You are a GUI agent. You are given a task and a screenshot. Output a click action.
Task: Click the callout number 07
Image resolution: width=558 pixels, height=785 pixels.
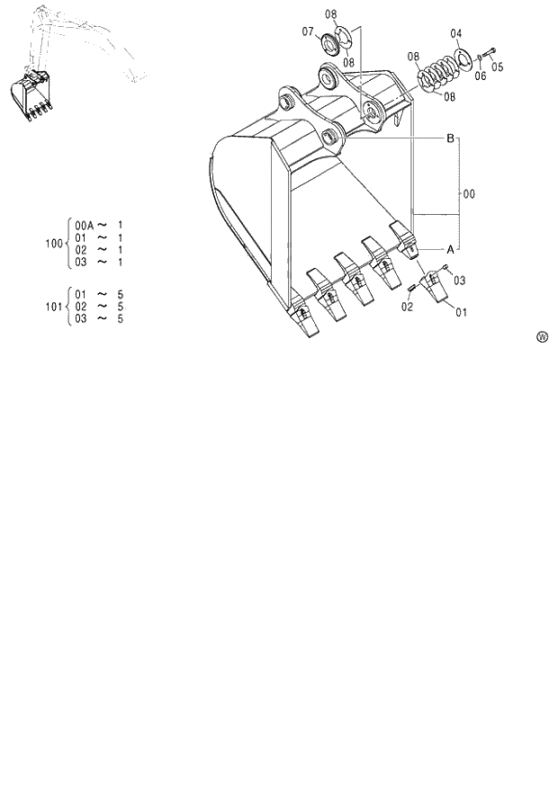(308, 31)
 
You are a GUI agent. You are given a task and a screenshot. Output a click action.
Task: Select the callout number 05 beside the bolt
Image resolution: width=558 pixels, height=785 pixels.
(498, 66)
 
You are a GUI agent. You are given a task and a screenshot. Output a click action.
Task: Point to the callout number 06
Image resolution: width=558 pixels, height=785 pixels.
(480, 76)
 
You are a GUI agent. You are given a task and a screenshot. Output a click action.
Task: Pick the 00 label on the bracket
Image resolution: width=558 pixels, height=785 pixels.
(469, 192)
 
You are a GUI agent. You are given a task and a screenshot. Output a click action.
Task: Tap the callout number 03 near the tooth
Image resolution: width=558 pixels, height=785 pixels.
(459, 281)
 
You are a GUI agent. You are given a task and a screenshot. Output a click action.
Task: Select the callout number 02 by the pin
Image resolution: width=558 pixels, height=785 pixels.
(407, 307)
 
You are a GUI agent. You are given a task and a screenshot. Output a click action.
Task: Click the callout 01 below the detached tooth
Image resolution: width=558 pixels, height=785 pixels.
(461, 313)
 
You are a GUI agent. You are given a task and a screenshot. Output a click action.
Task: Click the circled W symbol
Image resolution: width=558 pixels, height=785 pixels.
(543, 337)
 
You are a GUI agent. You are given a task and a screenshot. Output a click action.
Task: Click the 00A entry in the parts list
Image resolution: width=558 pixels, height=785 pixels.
(84, 223)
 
